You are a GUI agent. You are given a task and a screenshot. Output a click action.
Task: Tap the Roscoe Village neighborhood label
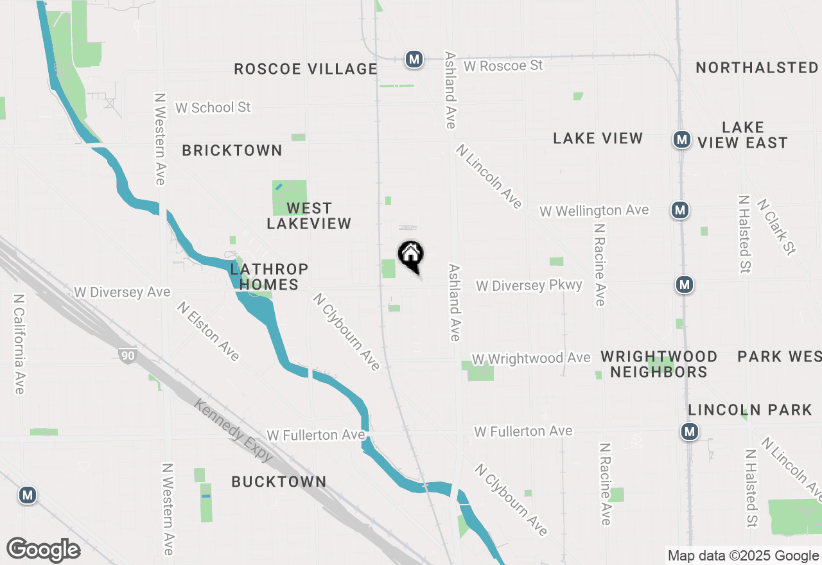(305, 69)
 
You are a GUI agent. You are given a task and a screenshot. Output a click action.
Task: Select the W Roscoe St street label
(503, 65)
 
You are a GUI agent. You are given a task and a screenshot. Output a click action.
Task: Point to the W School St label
(213, 107)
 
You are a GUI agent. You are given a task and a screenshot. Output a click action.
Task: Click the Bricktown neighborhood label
(232, 150)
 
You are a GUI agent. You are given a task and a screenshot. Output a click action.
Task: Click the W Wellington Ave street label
(594, 211)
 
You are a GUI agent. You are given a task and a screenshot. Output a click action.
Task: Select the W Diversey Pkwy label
(529, 285)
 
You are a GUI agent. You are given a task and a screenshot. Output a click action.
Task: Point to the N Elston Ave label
(208, 331)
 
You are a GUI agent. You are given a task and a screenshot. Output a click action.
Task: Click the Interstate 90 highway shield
(127, 355)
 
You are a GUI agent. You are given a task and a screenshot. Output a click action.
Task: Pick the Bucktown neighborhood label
(279, 482)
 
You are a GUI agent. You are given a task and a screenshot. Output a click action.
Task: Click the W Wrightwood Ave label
(530, 358)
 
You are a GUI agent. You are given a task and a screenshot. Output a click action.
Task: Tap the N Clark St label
(776, 226)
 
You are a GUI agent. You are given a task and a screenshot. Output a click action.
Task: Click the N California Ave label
(18, 344)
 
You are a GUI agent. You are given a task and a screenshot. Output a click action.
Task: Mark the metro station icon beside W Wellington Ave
(680, 209)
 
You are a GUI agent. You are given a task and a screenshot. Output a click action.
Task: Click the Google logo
(43, 550)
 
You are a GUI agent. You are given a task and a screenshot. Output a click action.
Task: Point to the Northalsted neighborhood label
(756, 67)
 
